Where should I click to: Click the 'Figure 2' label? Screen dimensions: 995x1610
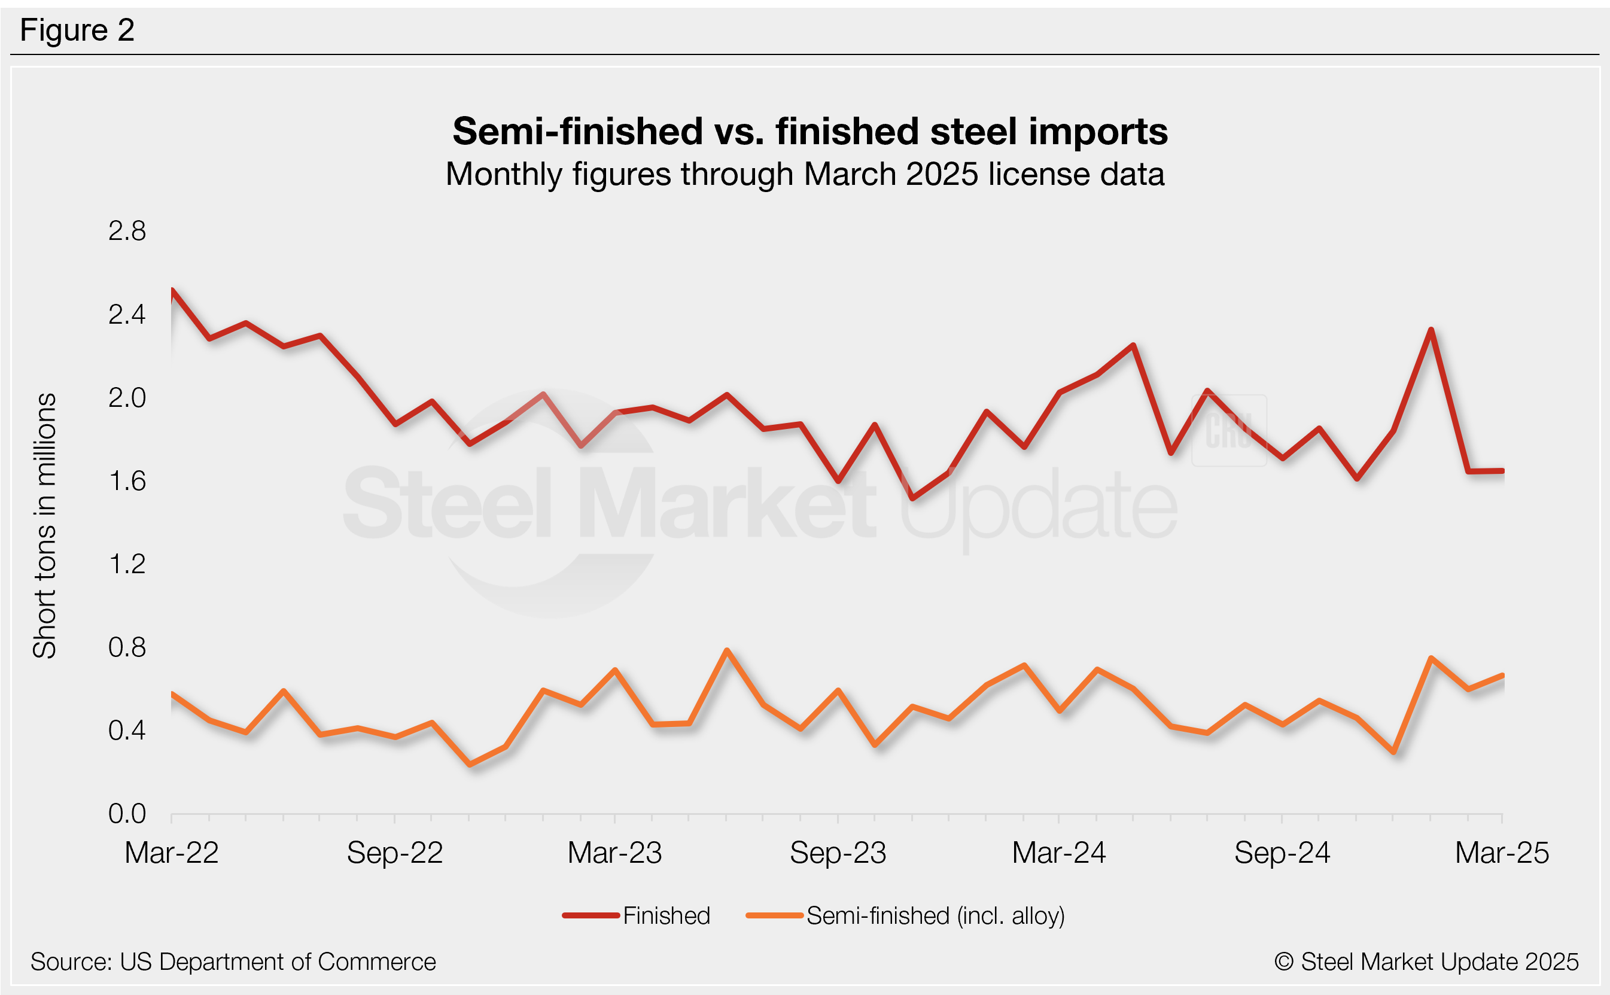(77, 31)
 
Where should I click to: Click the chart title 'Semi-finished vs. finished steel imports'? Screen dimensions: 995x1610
(809, 131)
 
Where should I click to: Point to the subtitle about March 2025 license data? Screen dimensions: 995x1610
(805, 174)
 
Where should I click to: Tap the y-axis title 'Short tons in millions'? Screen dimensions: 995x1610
(45, 526)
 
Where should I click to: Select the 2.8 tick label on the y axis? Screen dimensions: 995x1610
(127, 231)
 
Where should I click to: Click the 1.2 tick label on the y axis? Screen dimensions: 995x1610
(127, 564)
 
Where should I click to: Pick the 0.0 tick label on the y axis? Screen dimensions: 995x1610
(127, 814)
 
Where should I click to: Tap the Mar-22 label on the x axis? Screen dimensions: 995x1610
(171, 853)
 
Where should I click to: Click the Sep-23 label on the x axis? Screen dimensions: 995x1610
(838, 853)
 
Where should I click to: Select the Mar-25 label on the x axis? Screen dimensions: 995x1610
(1502, 853)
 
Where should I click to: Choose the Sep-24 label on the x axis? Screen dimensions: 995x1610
(1282, 853)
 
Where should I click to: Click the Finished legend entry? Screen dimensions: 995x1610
(666, 915)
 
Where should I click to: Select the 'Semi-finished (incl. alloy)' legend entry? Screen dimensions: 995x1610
(935, 915)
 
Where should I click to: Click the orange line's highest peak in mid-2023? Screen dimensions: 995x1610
(726, 650)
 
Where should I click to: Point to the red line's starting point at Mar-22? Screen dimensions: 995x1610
(172, 290)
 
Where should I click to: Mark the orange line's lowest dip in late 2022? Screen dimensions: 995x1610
(470, 765)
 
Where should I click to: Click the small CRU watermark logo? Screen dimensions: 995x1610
(1229, 430)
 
